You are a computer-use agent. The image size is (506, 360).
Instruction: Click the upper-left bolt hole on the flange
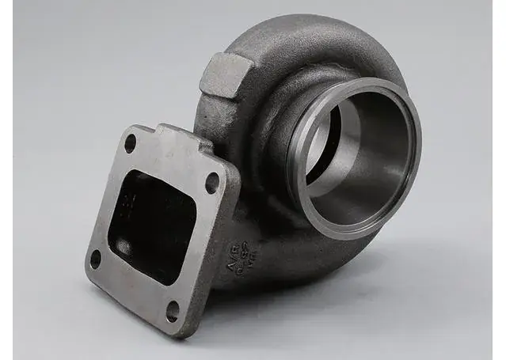(x=130, y=143)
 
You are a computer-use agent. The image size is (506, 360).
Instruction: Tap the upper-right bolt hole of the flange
(x=211, y=183)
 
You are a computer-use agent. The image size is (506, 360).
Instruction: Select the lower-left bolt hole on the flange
(x=96, y=259)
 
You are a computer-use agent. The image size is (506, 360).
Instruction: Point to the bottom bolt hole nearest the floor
(x=172, y=311)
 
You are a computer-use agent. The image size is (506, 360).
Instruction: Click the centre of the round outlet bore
(x=360, y=158)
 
